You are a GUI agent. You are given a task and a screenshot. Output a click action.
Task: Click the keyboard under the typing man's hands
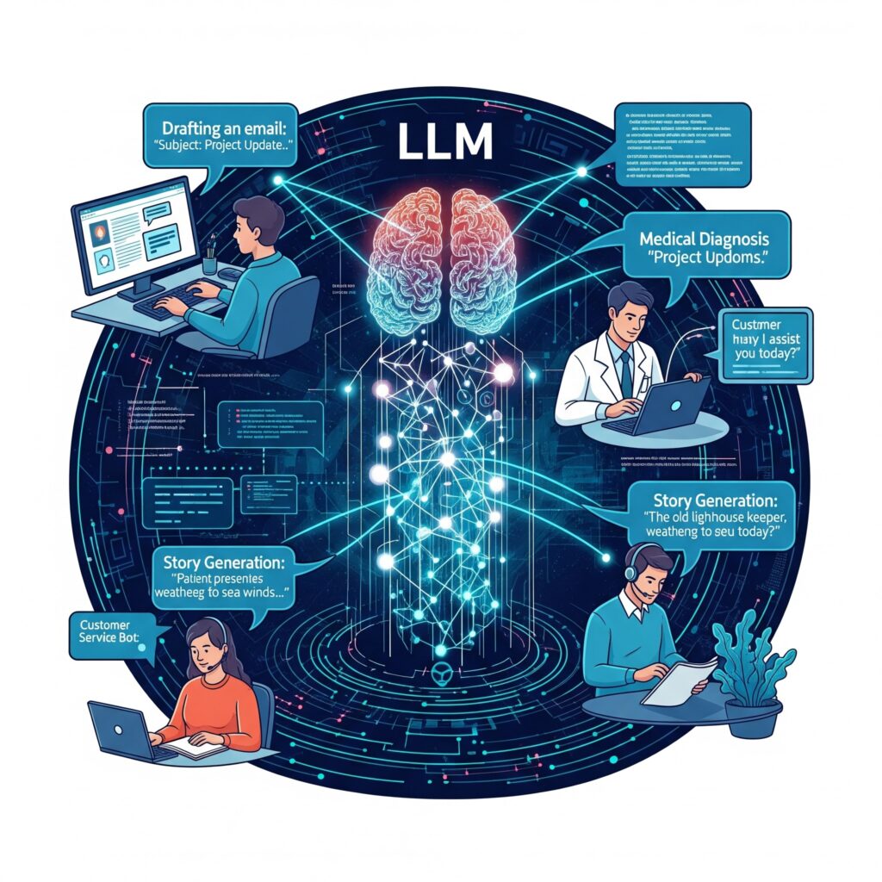click(168, 301)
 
